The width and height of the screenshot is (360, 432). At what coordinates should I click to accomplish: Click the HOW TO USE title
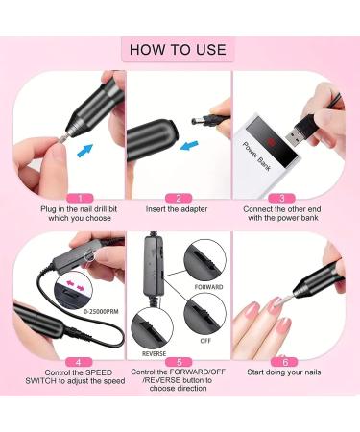(x=180, y=49)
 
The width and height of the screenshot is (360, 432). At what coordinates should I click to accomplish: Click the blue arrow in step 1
(x=87, y=149)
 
